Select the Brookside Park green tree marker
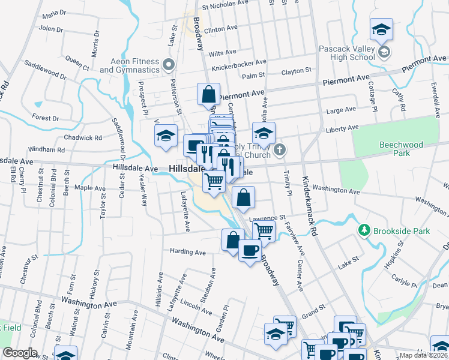(363, 230)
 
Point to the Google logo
(20, 353)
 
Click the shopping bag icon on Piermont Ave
(208, 94)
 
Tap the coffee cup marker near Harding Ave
(250, 250)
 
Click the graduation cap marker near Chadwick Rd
(166, 136)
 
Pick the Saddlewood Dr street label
(46, 70)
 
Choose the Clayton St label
(297, 71)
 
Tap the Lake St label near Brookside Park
(347, 259)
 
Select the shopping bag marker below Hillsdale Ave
(243, 197)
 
